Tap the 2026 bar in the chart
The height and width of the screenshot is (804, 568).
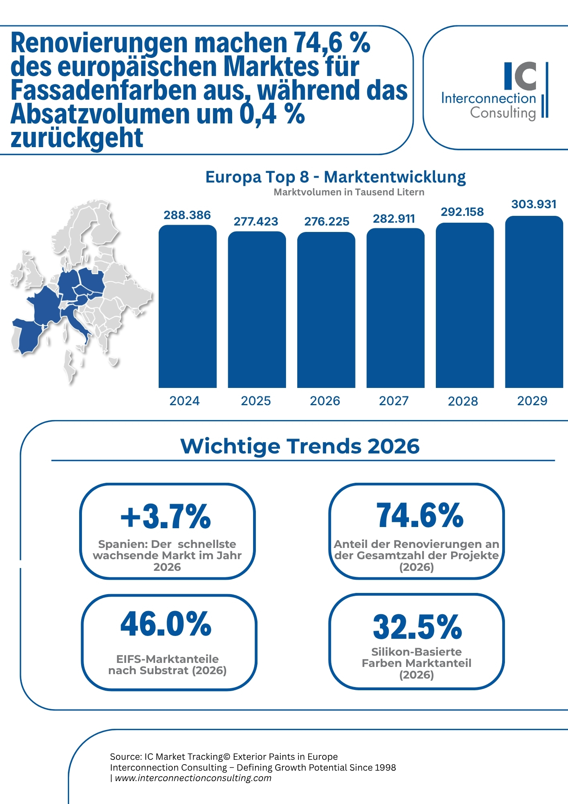pos(326,310)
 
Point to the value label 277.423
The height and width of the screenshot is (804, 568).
pos(256,222)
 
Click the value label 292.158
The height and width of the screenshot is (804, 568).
pos(462,212)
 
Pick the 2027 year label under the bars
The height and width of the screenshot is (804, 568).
pos(394,401)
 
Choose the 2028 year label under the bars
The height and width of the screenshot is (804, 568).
pos(463,401)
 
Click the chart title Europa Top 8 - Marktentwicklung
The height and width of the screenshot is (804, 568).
pos(335,177)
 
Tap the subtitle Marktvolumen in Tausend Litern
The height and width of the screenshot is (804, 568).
pos(349,192)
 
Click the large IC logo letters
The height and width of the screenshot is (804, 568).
pos(520,76)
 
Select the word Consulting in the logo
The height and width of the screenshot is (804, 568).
pos(503,113)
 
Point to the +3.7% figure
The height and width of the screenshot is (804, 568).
pos(166,517)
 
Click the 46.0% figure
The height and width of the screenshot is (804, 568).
pos(166,624)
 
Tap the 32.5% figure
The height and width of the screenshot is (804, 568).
pos(417,627)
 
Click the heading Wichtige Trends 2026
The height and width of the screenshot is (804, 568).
pos(300,446)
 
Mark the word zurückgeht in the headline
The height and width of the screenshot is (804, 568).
pos(77,138)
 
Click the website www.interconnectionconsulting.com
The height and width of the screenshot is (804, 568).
pos(193,778)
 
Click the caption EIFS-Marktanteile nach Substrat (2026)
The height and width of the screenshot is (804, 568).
pos(168,665)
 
